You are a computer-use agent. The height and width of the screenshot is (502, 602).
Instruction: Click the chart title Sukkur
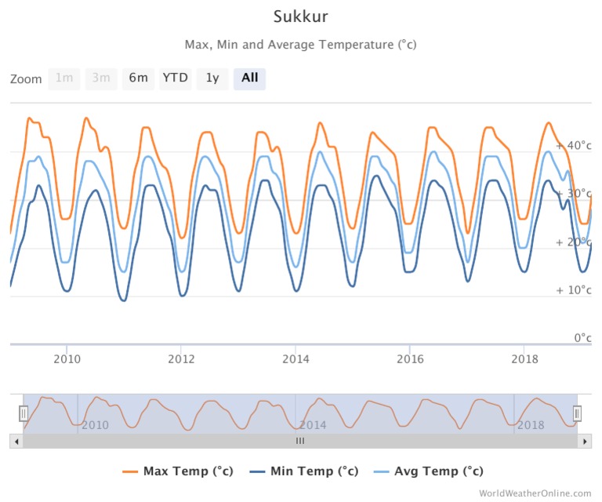point(300,16)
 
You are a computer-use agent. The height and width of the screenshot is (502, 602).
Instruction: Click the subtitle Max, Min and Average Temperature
point(300,45)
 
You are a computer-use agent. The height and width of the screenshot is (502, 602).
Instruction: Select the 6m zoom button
point(138,78)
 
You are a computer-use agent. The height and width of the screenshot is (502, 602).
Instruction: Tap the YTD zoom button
point(176,78)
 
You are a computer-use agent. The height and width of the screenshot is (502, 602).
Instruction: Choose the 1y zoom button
point(212,78)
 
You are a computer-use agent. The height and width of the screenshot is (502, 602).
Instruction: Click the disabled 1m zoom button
point(63,78)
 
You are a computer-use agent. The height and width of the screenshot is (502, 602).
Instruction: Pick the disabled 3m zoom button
point(100,78)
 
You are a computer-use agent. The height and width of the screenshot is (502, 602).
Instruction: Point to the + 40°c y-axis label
point(573,146)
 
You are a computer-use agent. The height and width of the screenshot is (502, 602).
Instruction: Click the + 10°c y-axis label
point(573,290)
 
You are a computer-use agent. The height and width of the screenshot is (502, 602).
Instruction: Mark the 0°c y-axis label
point(579,338)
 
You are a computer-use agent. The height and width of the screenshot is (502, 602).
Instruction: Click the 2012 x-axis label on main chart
point(181,358)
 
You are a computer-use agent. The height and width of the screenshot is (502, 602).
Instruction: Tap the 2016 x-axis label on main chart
point(410,358)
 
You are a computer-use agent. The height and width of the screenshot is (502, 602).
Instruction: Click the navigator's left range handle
point(24,413)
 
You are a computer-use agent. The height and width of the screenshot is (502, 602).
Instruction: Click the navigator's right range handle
point(578,413)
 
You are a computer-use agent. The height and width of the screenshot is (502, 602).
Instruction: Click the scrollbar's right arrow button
point(585,442)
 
